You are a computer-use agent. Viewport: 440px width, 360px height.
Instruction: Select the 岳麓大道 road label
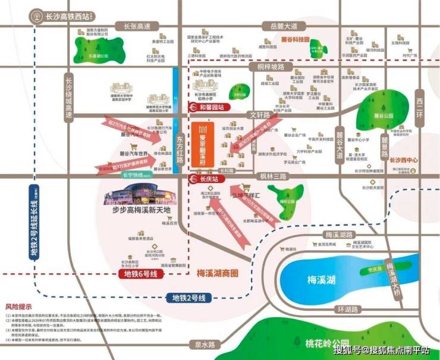(x=284, y=26)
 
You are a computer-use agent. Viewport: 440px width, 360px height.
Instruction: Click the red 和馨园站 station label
(x=210, y=108)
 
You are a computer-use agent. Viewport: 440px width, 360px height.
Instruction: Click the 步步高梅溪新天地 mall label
(x=137, y=211)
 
